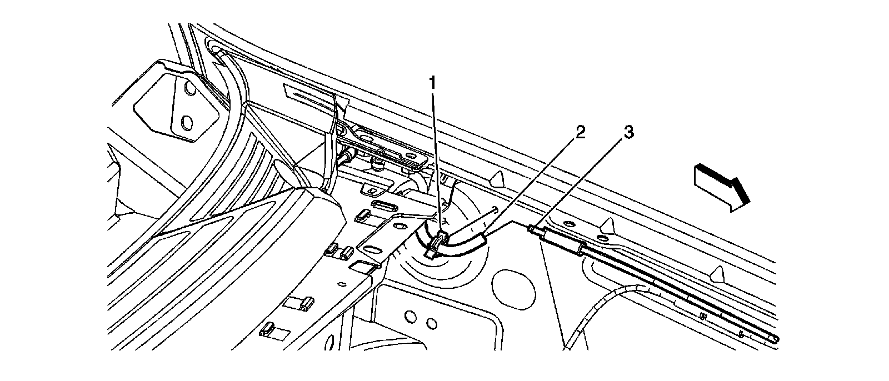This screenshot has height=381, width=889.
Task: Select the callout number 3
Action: pyautogui.click(x=627, y=133)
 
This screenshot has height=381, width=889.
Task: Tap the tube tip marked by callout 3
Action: pyautogui.click(x=533, y=229)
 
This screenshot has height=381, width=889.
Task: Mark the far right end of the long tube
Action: pyautogui.click(x=773, y=339)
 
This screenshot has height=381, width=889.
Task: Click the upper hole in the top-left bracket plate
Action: pyautogui.click(x=189, y=88)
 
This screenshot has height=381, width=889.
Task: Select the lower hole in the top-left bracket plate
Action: pyautogui.click(x=187, y=121)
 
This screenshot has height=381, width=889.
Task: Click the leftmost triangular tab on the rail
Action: pyautogui.click(x=497, y=178)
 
